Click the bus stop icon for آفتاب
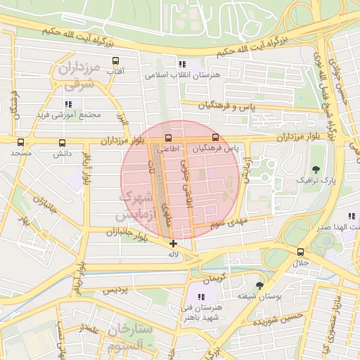pos(116,61)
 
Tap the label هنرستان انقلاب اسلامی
pos(183,74)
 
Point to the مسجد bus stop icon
pos(20,142)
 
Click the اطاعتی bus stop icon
pos(168,138)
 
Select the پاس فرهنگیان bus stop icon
pos(215,138)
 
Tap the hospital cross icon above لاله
pos(174,243)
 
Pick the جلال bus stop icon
pos(301,252)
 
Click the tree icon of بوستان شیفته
pos(260,285)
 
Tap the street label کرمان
pos(213,276)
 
